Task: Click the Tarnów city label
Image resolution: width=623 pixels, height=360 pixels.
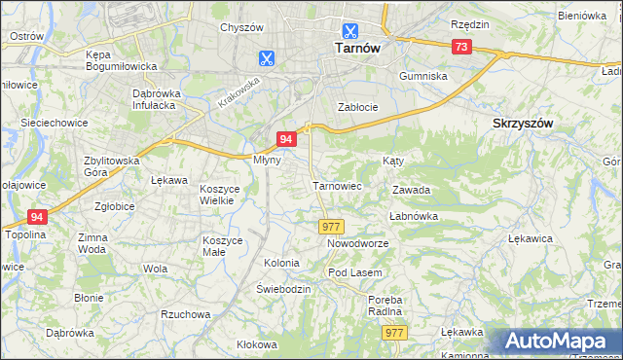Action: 349,47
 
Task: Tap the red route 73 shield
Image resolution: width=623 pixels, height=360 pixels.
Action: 462,47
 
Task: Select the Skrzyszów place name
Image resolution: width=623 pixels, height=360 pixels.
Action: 523,124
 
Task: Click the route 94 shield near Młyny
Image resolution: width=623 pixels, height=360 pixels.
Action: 286,140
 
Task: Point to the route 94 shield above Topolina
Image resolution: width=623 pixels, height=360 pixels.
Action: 37,217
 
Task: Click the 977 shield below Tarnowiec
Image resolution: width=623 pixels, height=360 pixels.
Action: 330,226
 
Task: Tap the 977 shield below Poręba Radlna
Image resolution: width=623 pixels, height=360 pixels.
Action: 393,333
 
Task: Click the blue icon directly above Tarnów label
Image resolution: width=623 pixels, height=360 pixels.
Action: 349,29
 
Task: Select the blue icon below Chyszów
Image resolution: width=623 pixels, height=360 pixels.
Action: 265,57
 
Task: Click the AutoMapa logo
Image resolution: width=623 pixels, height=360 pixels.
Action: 558,342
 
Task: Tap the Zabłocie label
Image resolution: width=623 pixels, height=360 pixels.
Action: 356,107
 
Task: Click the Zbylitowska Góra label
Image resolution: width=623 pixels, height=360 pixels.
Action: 112,166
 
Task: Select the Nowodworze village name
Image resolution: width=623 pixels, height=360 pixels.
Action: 357,243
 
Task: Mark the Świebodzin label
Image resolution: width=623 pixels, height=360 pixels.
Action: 282,289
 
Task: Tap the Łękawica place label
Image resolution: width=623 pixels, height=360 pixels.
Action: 531,237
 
